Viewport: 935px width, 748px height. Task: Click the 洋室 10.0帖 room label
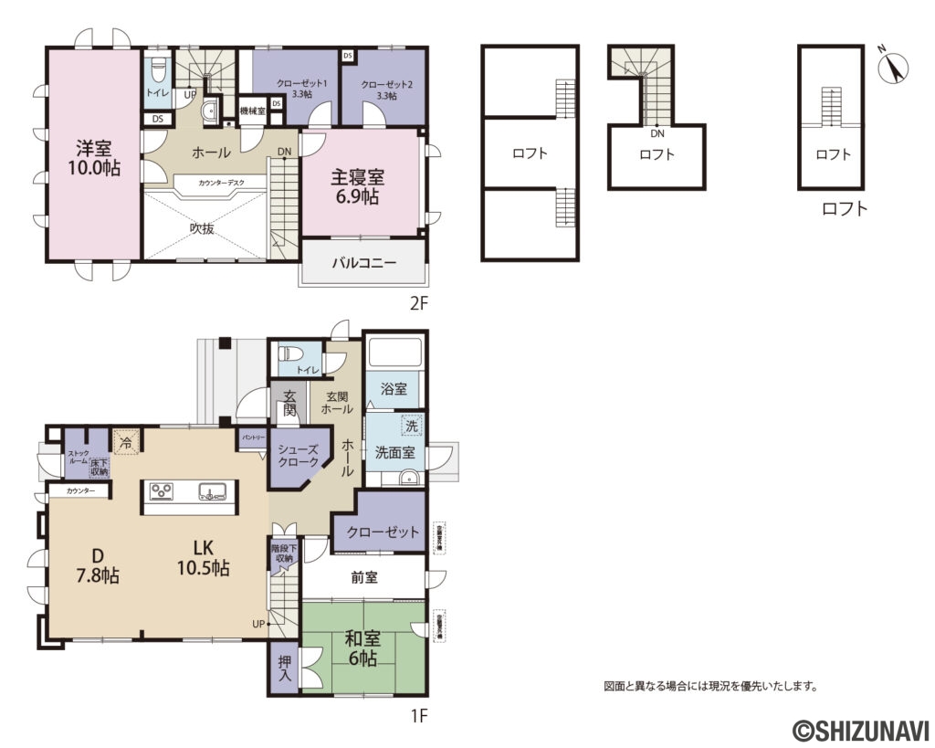tap(93, 157)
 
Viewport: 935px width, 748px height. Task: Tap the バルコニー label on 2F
tap(362, 262)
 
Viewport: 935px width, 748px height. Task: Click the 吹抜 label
tap(202, 229)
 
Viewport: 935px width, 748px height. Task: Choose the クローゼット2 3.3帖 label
tap(386, 90)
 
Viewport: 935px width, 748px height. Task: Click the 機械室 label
tap(252, 111)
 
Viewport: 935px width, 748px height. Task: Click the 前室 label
tap(364, 577)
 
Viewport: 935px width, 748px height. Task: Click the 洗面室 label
tap(394, 450)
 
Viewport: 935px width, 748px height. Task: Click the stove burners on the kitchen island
tap(163, 492)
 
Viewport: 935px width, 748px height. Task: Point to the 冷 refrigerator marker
tap(125, 440)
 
